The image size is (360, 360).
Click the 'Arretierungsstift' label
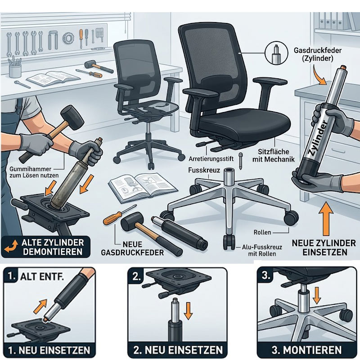click(211, 159)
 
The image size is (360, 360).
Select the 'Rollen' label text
click(262, 232)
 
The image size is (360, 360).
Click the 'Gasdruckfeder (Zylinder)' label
click(318, 54)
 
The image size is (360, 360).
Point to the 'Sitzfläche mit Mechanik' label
click(274, 155)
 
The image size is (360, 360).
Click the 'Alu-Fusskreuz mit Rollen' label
click(262, 251)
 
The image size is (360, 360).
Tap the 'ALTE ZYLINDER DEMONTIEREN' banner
click(46, 247)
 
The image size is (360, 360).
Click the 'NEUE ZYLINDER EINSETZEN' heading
click(324, 247)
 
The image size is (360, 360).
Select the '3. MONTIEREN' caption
click(306, 350)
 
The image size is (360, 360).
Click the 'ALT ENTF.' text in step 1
click(42, 277)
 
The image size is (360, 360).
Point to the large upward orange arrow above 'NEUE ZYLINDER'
click(325, 219)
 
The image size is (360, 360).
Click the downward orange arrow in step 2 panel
click(188, 311)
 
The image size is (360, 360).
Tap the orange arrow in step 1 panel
click(40, 306)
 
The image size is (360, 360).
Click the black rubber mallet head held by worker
click(72, 117)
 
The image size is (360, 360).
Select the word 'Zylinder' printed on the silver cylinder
click(318, 139)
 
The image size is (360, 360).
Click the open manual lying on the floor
click(142, 187)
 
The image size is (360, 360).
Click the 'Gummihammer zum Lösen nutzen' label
click(34, 172)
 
